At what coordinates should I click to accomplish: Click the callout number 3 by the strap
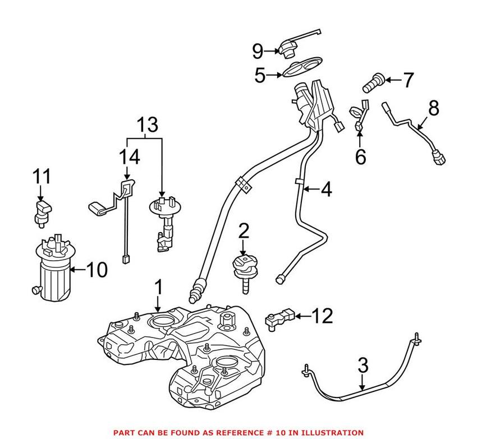363,366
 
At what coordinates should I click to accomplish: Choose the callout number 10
96,270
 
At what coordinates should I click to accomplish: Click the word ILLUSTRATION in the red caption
333,432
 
